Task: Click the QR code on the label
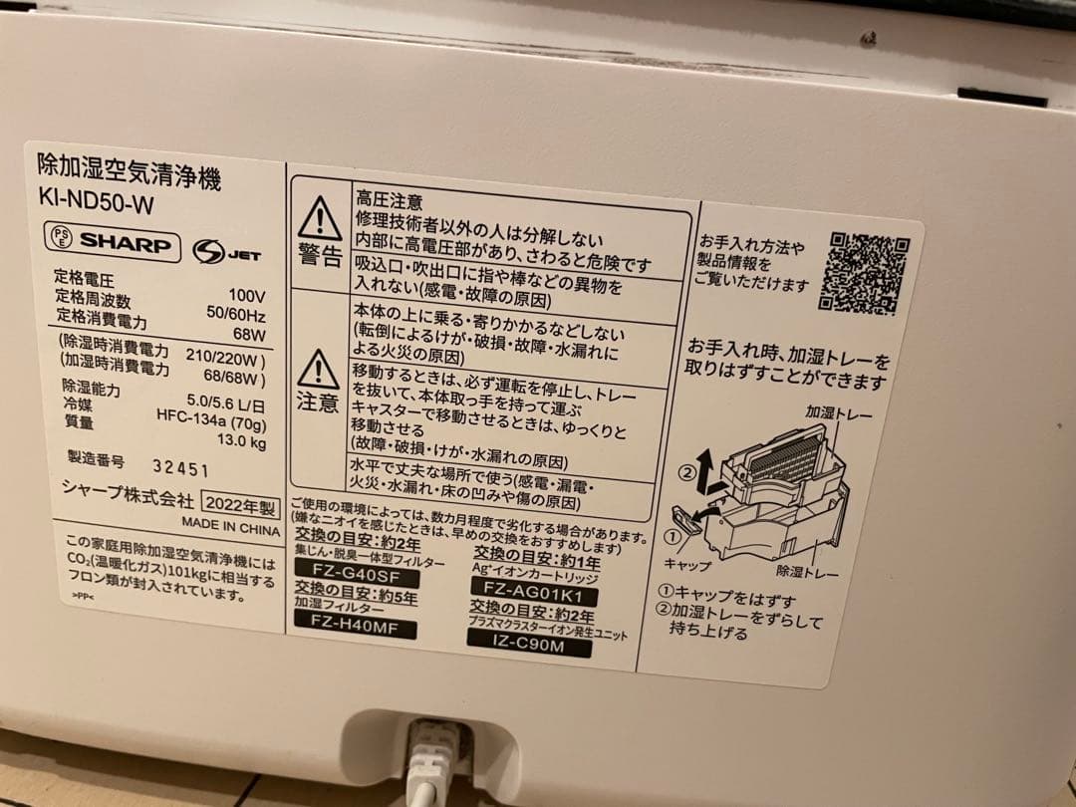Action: [863, 271]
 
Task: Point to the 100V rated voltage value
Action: [246, 296]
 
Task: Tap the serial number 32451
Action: [180, 467]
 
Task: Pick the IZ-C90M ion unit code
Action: [528, 648]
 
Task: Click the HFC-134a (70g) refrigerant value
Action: [210, 422]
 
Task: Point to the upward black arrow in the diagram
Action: [703, 463]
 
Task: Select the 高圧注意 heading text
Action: [390, 201]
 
